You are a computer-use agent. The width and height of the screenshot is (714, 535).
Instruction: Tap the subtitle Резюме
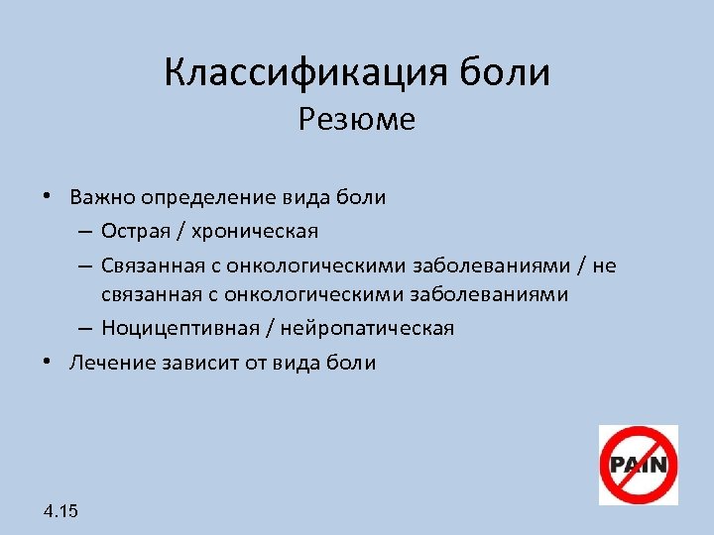coord(356,120)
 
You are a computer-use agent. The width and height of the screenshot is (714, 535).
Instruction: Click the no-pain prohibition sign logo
coord(638,465)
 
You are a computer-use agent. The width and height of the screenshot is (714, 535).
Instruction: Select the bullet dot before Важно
coord(47,196)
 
